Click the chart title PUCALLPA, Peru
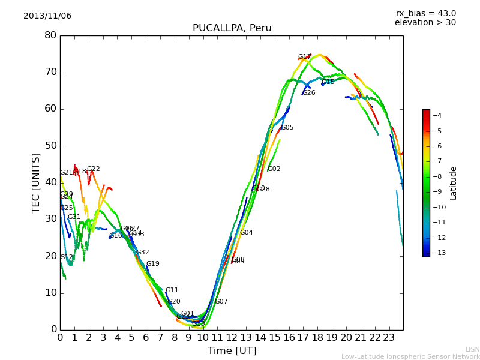[x=232, y=28]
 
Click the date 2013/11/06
[x=47, y=16]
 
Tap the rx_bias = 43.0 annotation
[x=425, y=13]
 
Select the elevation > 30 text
[x=425, y=23]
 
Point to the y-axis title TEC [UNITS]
[x=36, y=182]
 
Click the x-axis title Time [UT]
[x=232, y=351]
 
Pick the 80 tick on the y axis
[x=50, y=35]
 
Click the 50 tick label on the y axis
[x=50, y=146]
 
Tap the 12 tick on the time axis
[x=232, y=338]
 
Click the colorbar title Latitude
[x=454, y=183]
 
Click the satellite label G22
[x=94, y=169]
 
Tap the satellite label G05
[x=287, y=128]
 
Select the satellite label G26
[x=309, y=93]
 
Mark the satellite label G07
[x=221, y=302]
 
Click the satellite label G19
[x=153, y=264]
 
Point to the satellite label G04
[x=247, y=233]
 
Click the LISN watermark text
[x=472, y=349]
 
